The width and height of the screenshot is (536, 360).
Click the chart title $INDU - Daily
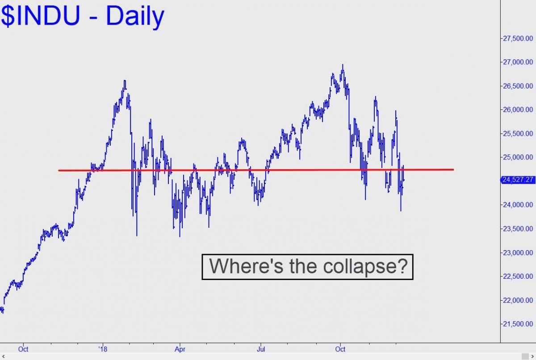(82, 16)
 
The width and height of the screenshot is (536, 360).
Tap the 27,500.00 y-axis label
(518, 38)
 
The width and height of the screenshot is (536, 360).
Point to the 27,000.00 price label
(518, 62)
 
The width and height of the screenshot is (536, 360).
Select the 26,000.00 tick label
(518, 109)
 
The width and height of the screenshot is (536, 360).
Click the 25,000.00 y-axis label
(518, 157)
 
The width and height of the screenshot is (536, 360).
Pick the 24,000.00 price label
(518, 205)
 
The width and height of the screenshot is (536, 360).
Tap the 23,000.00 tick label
(518, 253)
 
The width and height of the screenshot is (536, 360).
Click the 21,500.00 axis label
(518, 324)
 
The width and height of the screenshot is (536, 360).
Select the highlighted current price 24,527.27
(518, 180)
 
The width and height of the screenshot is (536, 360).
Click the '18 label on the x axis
(103, 349)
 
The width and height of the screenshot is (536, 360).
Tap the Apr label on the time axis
(180, 349)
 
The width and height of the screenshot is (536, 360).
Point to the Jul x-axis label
(261, 349)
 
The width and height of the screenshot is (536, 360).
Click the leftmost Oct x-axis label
(23, 349)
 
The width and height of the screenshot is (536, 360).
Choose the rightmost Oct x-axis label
(340, 349)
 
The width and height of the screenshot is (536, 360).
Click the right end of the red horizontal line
(454, 170)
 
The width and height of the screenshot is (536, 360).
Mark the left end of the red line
(59, 171)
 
